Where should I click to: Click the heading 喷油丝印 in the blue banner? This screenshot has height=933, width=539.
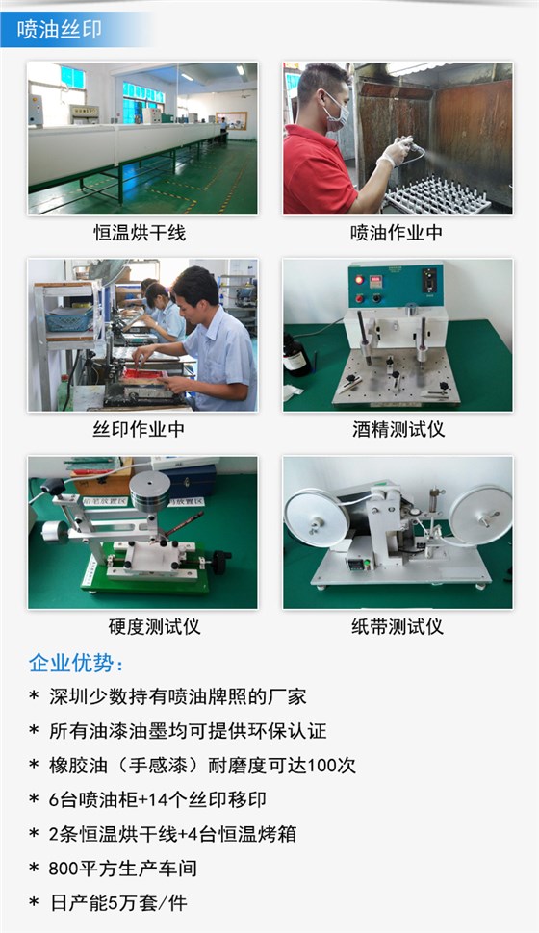(60, 30)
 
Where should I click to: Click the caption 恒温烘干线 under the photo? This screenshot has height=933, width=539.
(140, 234)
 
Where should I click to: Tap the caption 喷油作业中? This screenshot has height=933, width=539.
(396, 234)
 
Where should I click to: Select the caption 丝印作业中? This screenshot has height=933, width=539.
(140, 429)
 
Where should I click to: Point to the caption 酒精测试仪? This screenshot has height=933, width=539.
(398, 429)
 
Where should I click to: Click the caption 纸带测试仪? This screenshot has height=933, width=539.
(398, 626)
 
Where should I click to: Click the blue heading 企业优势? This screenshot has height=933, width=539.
(77, 664)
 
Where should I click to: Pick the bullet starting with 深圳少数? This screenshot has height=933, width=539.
(178, 696)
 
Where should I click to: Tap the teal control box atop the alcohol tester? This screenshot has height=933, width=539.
(396, 286)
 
